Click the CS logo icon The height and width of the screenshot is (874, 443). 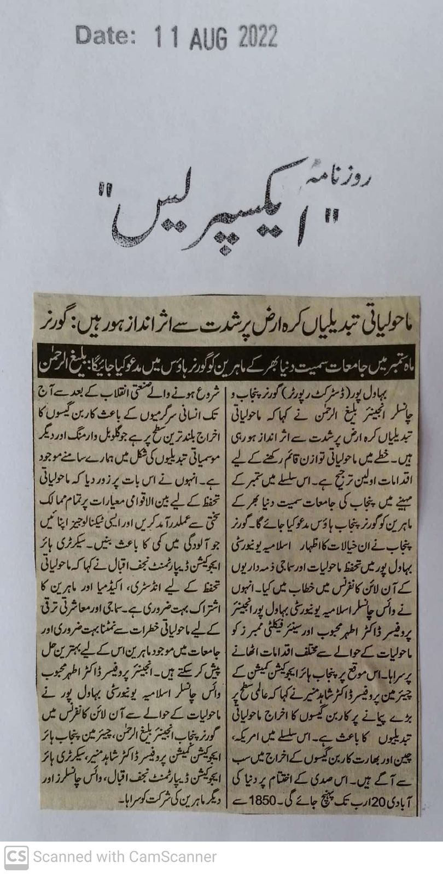16,856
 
